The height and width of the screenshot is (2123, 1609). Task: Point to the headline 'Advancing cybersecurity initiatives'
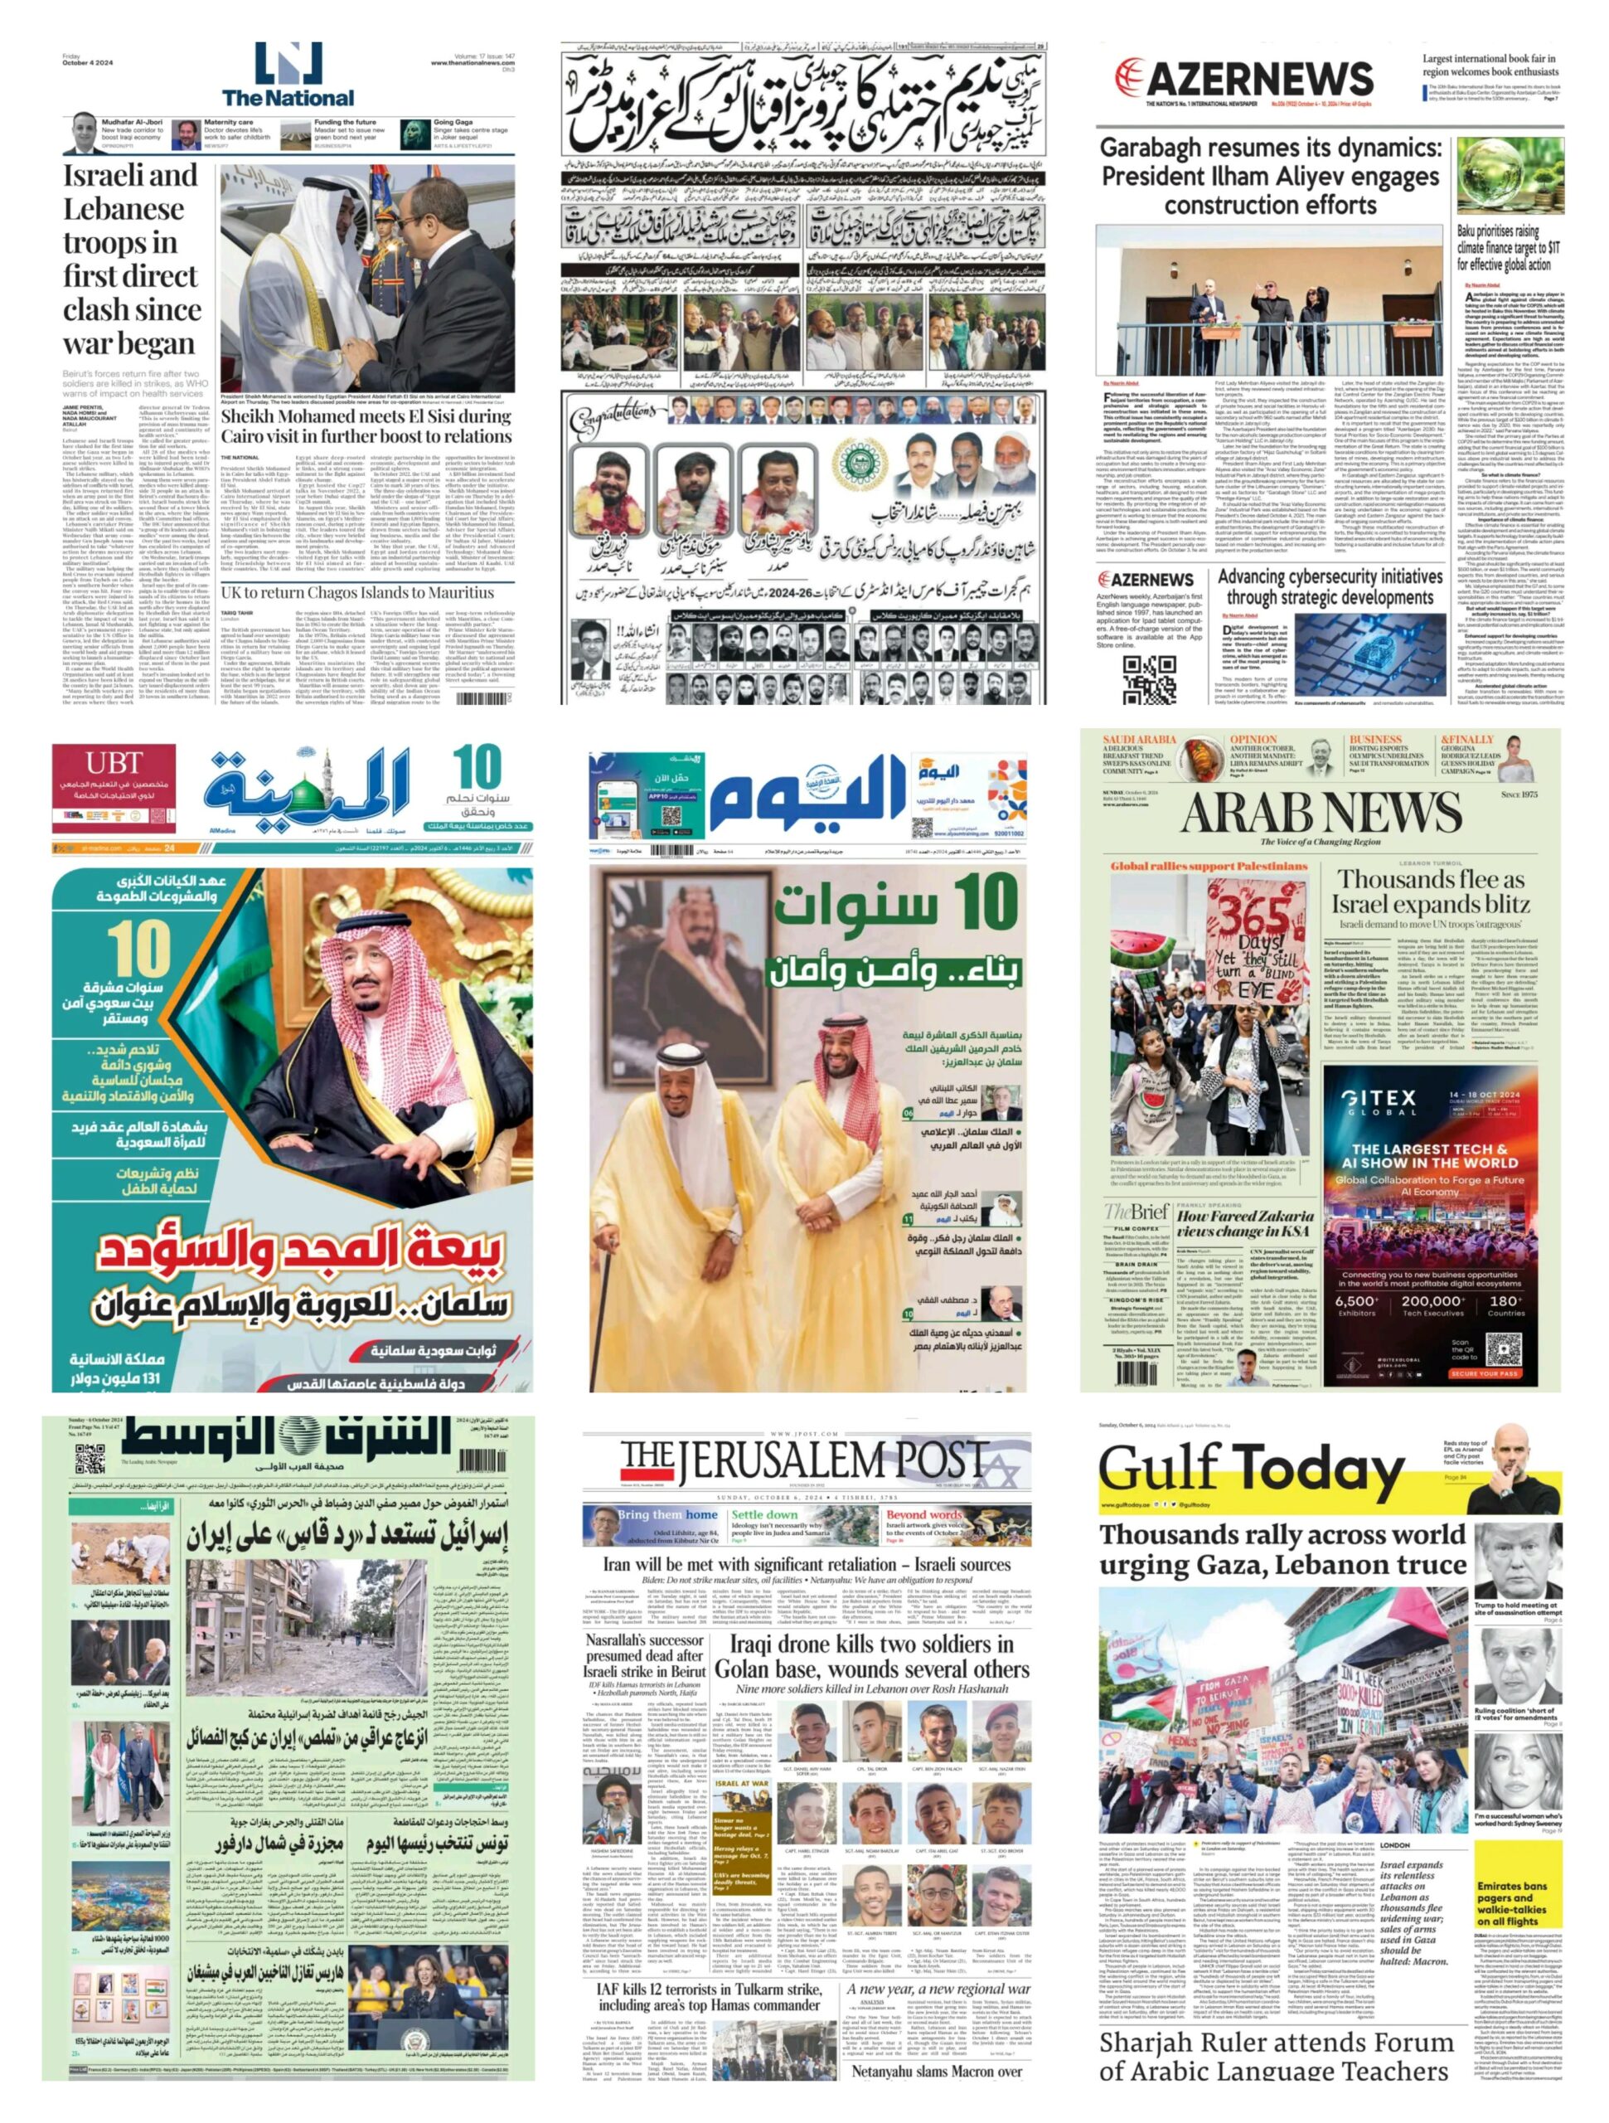[x=1330, y=586]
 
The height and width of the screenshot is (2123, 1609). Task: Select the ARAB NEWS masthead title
[x=1321, y=813]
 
